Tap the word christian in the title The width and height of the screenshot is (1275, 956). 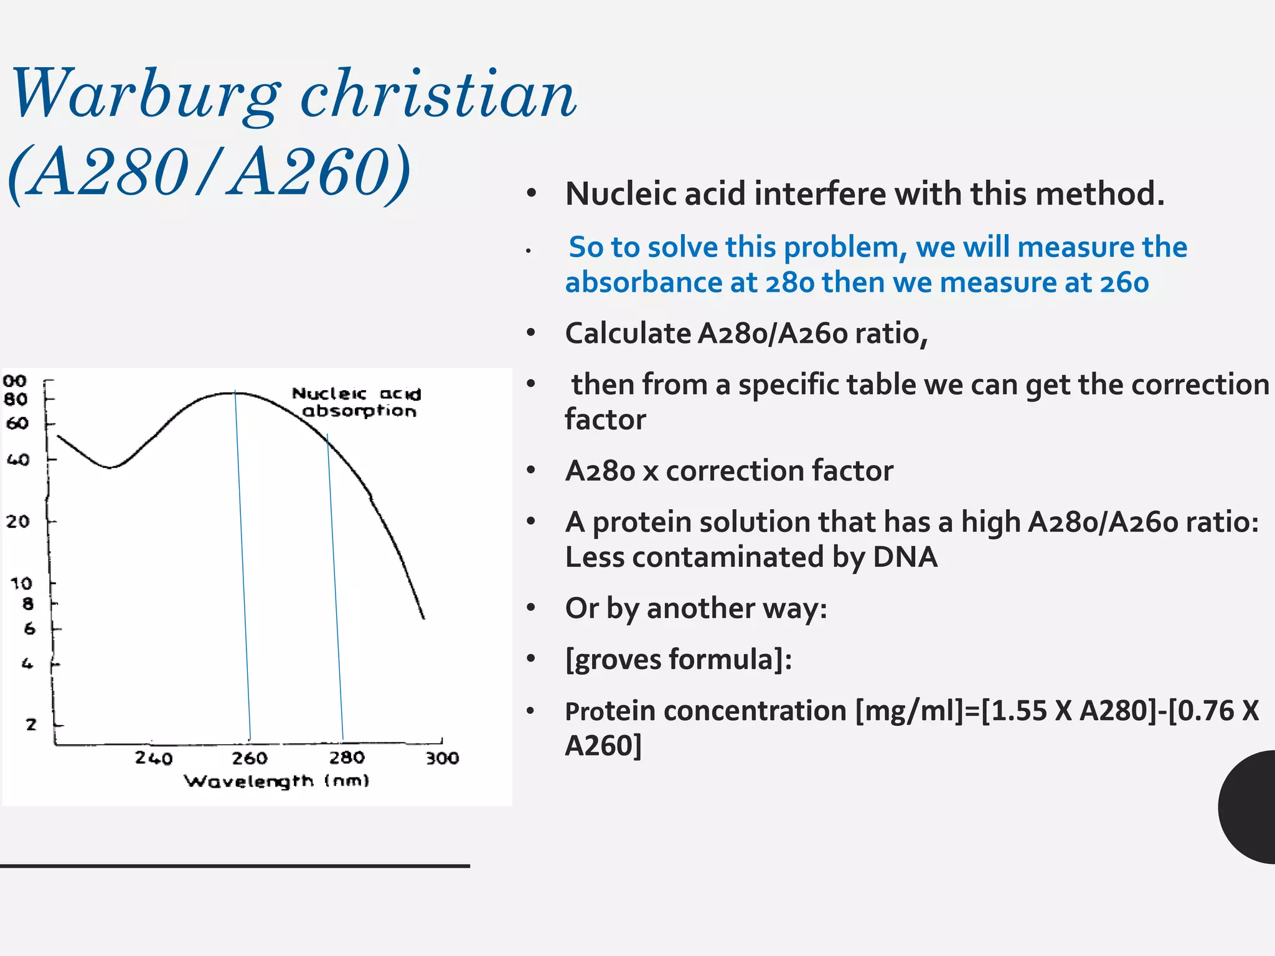click(438, 95)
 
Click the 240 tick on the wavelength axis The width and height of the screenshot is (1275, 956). click(153, 757)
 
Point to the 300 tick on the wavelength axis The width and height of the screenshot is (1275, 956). click(442, 757)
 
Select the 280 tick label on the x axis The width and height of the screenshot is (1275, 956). click(346, 757)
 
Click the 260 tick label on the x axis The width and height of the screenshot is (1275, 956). click(250, 757)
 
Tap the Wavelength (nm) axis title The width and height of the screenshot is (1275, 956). click(276, 781)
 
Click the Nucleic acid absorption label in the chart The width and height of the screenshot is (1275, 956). click(357, 402)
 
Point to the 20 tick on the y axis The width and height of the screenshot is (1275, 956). click(18, 521)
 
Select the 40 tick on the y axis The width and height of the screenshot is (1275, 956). click(18, 460)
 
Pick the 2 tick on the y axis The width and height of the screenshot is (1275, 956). click(31, 724)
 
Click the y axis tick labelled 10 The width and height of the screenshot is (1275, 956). click(21, 584)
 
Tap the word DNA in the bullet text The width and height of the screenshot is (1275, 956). click(905, 556)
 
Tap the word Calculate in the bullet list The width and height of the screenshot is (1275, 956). click(627, 334)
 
